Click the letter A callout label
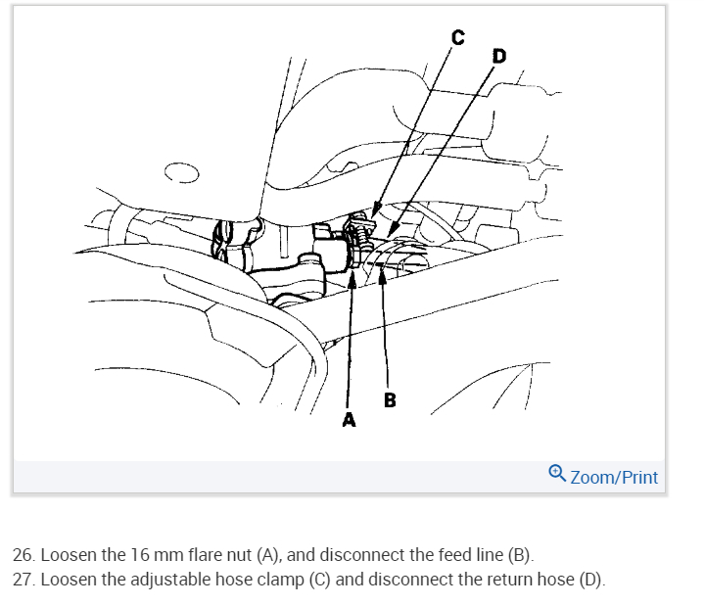(x=348, y=420)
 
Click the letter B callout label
(x=390, y=399)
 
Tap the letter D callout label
(x=499, y=57)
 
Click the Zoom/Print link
(x=614, y=477)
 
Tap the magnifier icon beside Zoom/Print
(x=557, y=475)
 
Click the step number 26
(x=23, y=554)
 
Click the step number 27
(x=23, y=579)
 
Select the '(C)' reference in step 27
(x=319, y=579)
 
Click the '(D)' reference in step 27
(x=590, y=579)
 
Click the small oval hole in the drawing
(x=181, y=175)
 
